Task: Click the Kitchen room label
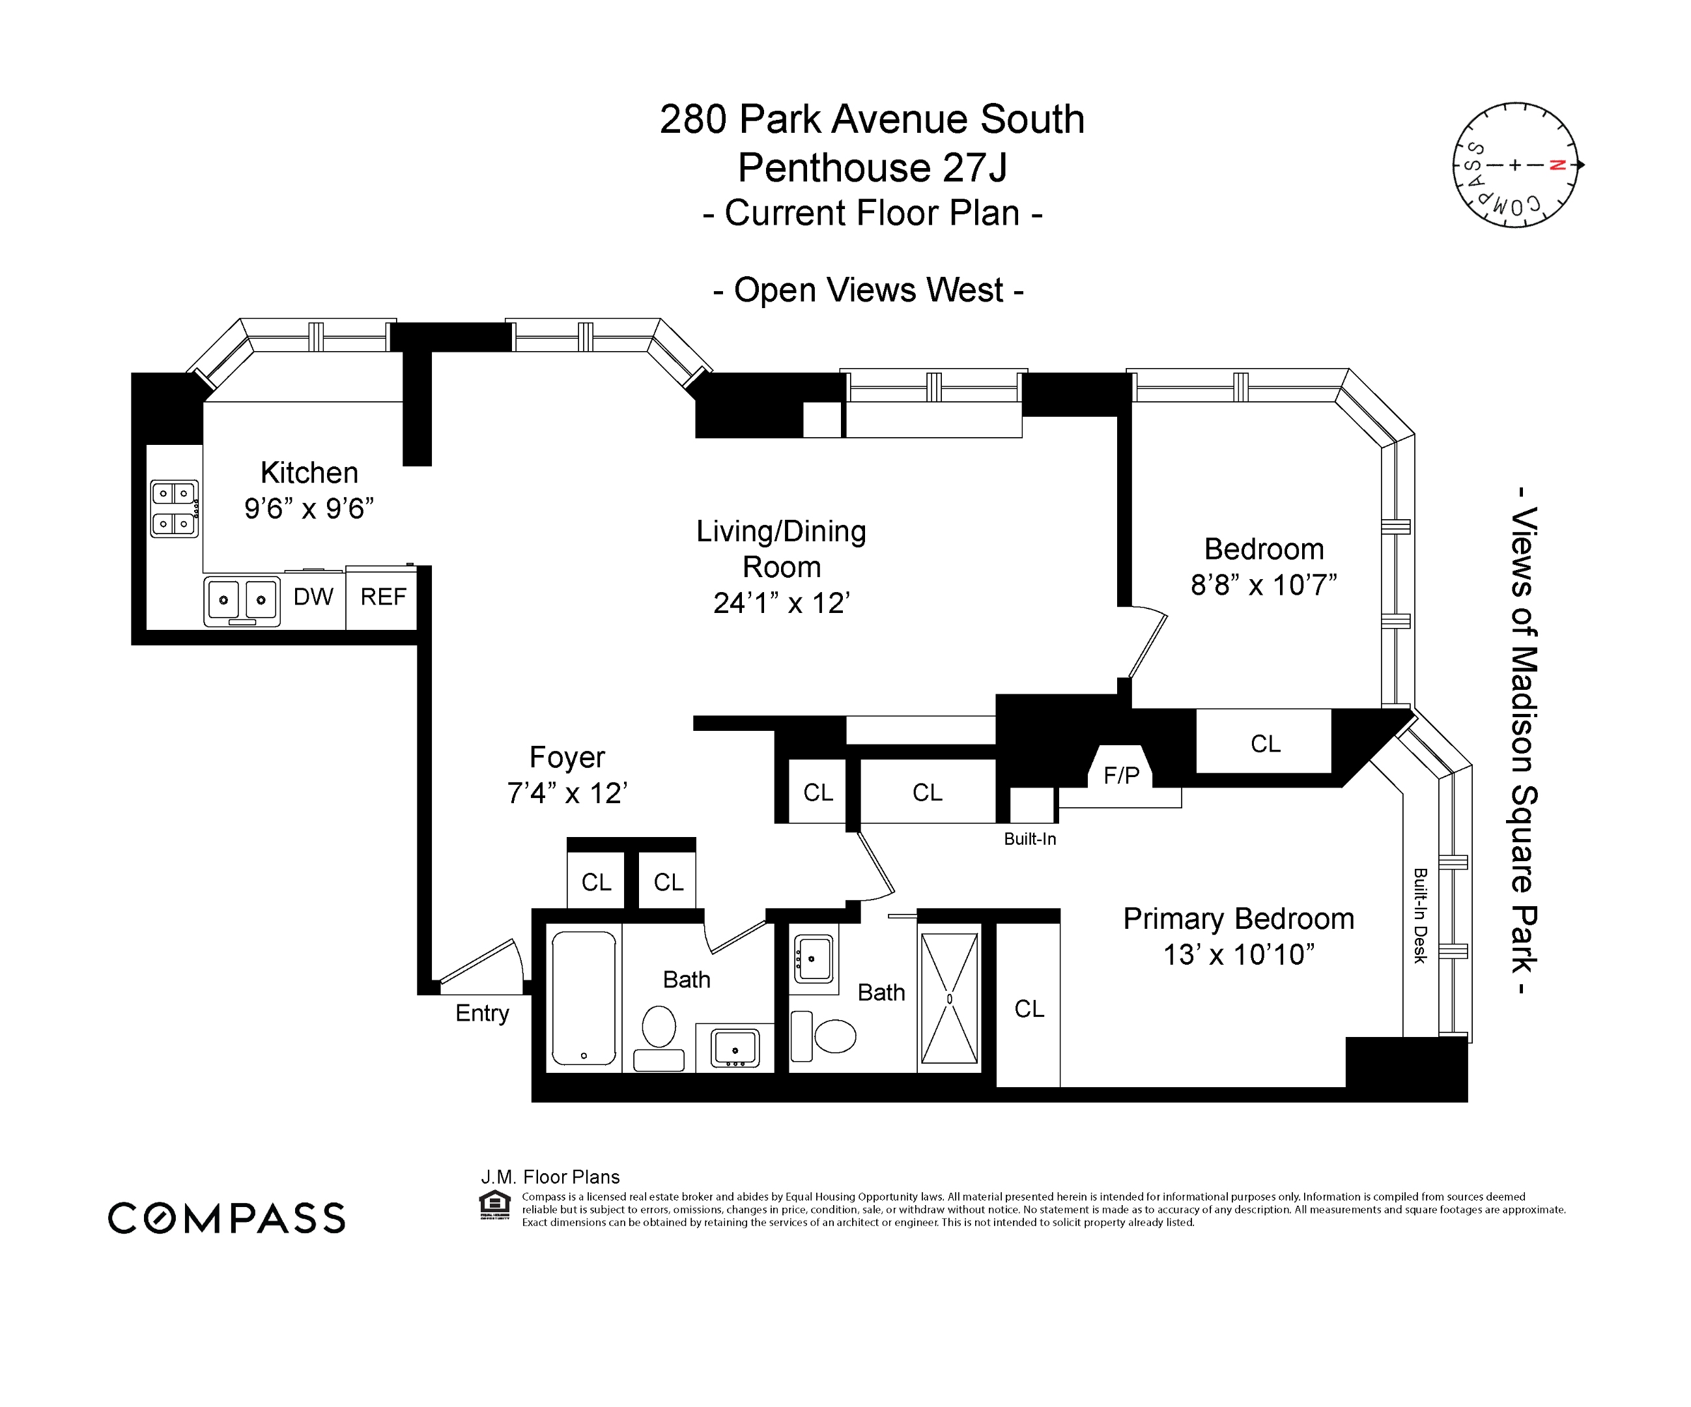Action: coord(309,473)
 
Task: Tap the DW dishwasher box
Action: coord(313,597)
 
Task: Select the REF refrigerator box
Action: coord(382,597)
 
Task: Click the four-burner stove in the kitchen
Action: coord(174,508)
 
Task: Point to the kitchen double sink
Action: coord(242,601)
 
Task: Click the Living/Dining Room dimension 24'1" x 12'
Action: coord(781,603)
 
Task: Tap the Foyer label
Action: coord(567,757)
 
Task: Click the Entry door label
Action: coord(481,1013)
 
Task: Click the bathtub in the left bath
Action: coord(584,998)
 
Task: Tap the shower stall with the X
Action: coord(949,999)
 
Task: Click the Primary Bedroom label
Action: coord(1238,919)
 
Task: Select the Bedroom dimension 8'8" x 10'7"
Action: coord(1264,585)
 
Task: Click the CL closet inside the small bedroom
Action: coord(1265,743)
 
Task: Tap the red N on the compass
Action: coord(1557,165)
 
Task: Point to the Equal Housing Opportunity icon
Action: coord(494,1205)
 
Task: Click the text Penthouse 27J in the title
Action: coord(872,167)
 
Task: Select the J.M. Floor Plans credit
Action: coord(550,1178)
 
